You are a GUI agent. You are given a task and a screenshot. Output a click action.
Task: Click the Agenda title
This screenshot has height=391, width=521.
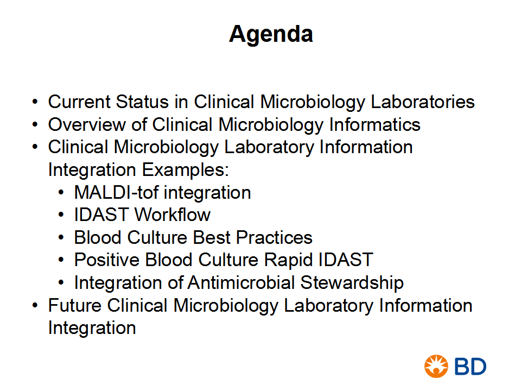[271, 35]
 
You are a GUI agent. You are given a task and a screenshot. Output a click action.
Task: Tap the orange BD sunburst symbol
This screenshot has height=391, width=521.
[436, 366]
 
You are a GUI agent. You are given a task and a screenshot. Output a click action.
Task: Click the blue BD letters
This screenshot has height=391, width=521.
[470, 367]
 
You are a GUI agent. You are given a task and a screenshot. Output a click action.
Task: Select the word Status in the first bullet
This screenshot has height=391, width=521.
[142, 102]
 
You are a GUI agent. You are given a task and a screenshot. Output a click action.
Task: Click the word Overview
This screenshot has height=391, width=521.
[87, 124]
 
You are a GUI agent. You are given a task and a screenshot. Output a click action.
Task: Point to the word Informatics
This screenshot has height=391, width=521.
[374, 124]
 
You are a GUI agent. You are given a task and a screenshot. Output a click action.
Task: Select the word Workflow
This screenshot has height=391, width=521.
[173, 215]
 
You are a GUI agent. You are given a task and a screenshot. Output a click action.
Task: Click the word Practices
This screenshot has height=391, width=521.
[274, 237]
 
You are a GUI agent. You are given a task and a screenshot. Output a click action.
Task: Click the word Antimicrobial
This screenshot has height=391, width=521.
[241, 282]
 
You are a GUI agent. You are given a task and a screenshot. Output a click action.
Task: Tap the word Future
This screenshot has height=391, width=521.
[75, 305]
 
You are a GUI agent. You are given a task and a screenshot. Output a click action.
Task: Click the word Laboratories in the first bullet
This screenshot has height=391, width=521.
[423, 102]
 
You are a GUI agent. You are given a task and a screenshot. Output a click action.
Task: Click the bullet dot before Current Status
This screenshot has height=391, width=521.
[35, 102]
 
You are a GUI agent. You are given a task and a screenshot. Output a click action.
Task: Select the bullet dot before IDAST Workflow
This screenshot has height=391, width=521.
[61, 215]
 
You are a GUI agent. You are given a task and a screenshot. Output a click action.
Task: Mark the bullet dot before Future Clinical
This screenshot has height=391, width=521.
[35, 306]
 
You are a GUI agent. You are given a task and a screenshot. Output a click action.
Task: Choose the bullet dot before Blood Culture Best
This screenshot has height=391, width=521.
[61, 238]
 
